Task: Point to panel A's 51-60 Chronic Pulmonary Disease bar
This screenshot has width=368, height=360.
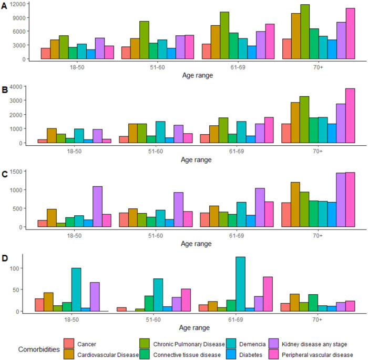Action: tap(144, 40)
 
